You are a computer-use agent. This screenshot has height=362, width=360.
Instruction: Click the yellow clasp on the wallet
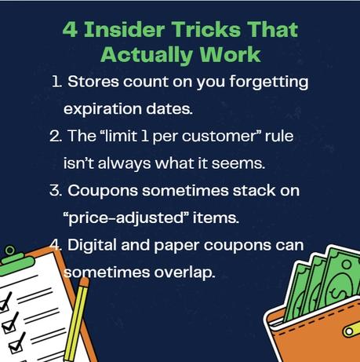click(x=349, y=330)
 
